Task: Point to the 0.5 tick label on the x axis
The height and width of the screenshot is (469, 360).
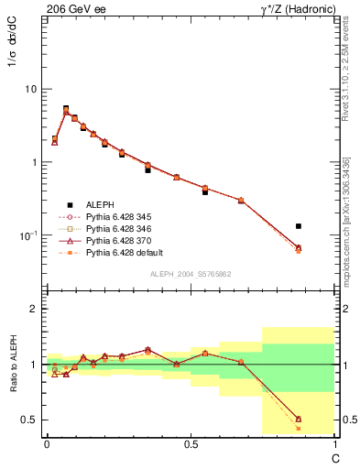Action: point(190,442)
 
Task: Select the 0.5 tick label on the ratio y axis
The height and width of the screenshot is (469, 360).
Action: point(31,420)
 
